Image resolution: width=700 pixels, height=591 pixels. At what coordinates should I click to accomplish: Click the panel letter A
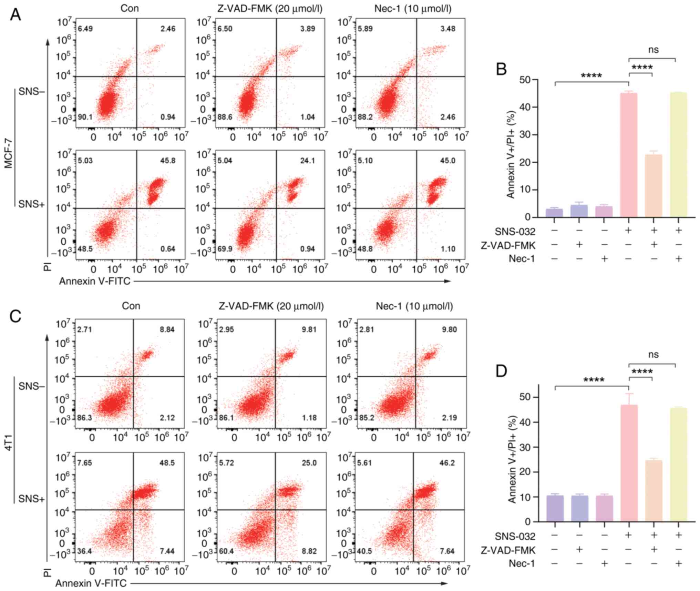[x=15, y=14]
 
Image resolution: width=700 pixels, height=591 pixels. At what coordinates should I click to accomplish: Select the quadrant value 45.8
[x=167, y=161]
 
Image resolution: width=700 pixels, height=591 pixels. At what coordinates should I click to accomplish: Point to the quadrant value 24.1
[x=307, y=161]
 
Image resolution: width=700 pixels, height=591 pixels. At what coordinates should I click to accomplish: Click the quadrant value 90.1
[x=85, y=117]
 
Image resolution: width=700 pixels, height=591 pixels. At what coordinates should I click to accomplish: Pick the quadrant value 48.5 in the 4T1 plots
[x=167, y=463]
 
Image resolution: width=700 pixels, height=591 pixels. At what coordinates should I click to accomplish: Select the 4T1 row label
[x=9, y=443]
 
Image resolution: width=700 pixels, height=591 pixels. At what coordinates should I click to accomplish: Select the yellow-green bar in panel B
[x=678, y=155]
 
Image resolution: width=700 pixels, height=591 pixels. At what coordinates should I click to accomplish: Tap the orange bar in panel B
[x=653, y=186]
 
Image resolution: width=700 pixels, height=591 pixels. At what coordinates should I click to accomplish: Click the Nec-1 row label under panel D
[x=522, y=563]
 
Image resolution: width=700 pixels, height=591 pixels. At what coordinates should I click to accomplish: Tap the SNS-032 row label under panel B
[x=515, y=231]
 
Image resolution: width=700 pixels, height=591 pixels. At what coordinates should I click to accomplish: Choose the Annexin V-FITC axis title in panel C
[x=91, y=583]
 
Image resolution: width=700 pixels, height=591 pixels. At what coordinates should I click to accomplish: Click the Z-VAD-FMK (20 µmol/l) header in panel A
[x=270, y=9]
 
